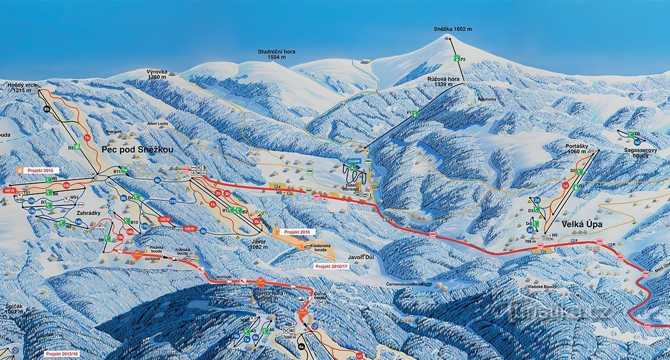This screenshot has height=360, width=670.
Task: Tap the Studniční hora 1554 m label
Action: [x=276, y=54]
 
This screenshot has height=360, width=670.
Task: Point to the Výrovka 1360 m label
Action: [x=156, y=74]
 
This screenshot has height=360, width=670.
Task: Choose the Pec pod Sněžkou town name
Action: [x=137, y=150]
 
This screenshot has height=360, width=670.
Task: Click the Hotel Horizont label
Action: [x=351, y=188]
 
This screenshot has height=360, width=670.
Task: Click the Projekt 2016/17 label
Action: [x=331, y=267]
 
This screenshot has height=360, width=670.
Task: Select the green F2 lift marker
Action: [x=457, y=58]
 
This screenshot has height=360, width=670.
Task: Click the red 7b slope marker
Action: [x=87, y=137]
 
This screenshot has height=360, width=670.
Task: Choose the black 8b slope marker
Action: [x=47, y=109]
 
